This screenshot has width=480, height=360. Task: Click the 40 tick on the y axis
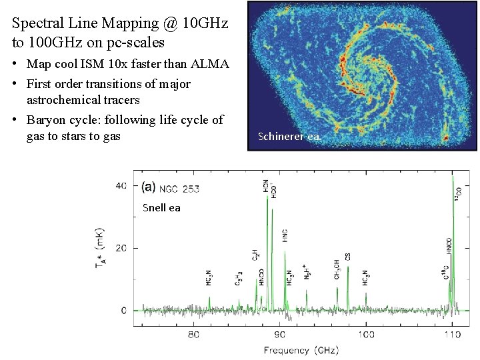(121, 185)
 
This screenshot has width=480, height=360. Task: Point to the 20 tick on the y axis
(121, 248)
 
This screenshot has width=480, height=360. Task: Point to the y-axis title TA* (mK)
(99, 249)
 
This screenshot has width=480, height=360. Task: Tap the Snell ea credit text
(161, 208)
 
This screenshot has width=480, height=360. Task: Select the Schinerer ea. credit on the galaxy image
(289, 137)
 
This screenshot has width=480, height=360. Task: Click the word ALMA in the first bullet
(210, 64)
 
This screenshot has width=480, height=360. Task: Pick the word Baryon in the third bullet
(44, 120)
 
